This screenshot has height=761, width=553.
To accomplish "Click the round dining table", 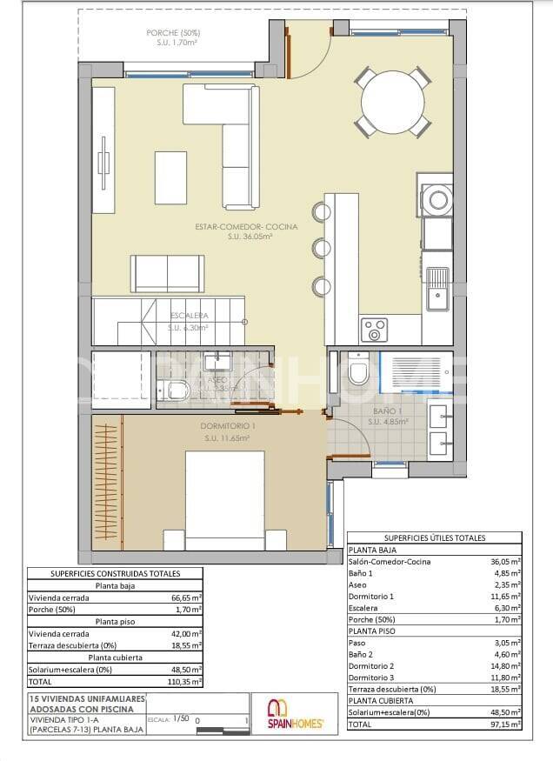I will [392, 103].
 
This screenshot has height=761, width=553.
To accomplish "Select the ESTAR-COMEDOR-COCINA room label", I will [246, 227].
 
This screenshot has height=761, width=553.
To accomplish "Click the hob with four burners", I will [375, 330].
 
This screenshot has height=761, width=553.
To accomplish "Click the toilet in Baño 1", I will [357, 371].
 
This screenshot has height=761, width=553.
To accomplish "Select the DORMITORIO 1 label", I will [228, 427].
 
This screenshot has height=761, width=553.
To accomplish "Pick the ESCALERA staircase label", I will [188, 316].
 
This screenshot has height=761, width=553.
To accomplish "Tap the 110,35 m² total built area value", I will [185, 683].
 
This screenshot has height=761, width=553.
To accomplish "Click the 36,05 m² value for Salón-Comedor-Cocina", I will [505, 562].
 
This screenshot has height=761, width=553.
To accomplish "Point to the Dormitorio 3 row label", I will [371, 678].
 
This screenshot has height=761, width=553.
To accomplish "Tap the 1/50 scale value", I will [181, 719].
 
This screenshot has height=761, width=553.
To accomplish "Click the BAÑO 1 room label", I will [387, 411].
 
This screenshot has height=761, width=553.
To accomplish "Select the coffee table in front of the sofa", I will [170, 177].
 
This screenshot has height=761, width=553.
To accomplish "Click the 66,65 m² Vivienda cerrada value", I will [185, 598].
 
